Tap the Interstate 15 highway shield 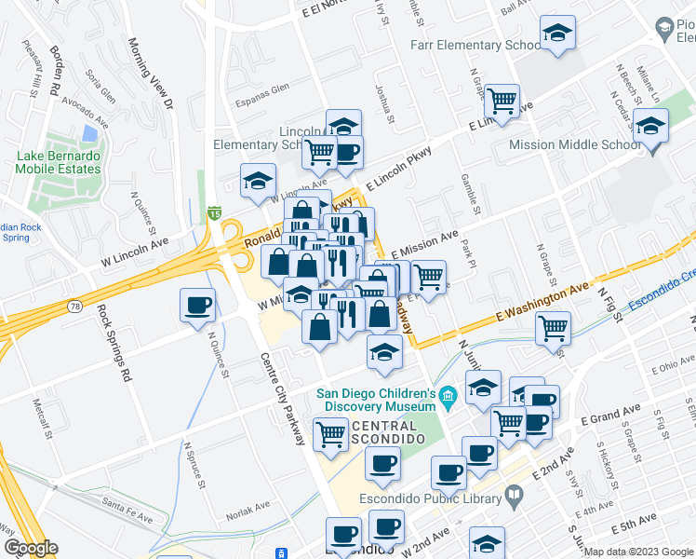[214, 214]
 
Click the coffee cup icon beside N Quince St [197, 306]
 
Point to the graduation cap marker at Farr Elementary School [557, 34]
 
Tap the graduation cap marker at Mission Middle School [650, 125]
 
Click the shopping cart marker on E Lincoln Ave [502, 100]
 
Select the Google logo [31, 548]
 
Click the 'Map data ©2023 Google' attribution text [639, 552]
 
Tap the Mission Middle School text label [574, 144]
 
